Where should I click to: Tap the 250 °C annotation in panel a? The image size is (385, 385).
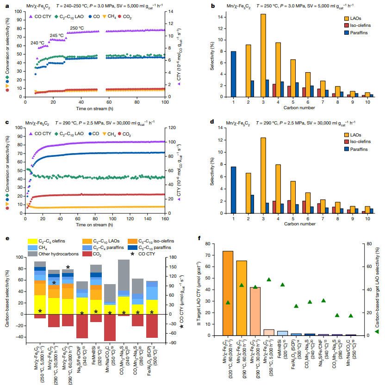point(77,28)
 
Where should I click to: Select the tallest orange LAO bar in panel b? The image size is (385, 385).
point(263,56)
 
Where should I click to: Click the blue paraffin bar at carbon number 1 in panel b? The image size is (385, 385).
point(233,74)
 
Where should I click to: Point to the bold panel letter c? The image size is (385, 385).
point(6,123)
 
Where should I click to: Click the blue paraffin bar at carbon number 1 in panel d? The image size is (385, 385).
point(233,190)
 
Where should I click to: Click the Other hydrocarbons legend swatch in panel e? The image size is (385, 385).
point(33,254)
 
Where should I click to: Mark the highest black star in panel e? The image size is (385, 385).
point(68,267)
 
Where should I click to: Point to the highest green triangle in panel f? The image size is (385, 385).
point(269,279)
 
